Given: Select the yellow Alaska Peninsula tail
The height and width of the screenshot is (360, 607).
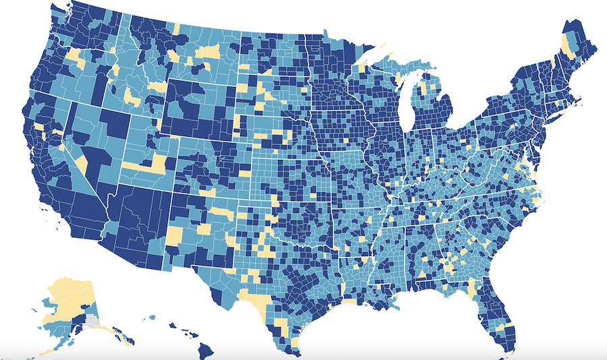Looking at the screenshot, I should [47, 351].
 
